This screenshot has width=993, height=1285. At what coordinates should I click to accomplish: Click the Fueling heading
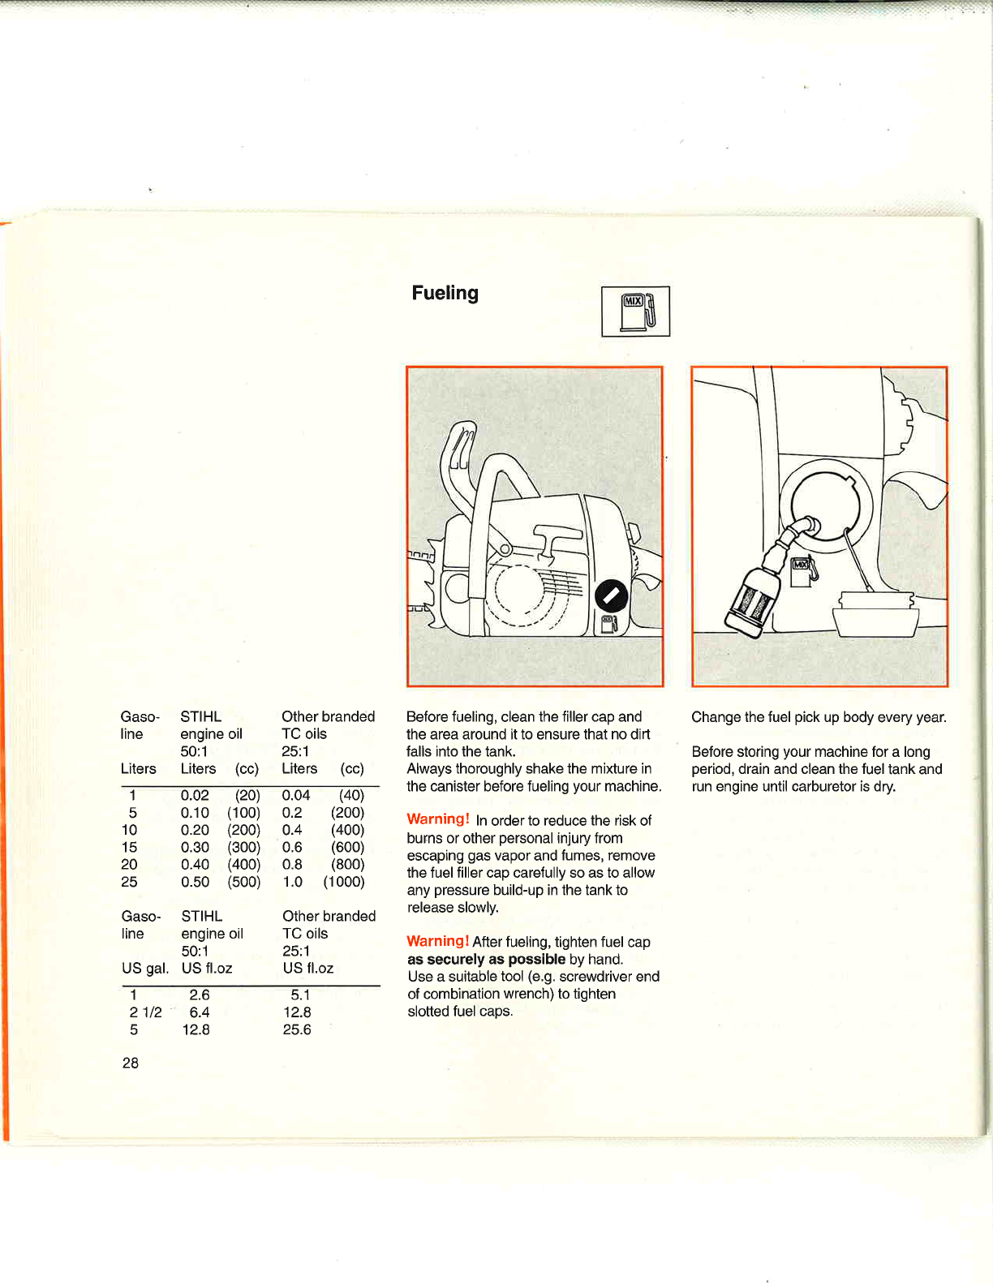pos(445,293)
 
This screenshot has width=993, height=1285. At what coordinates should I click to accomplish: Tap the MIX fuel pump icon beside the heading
pos(635,312)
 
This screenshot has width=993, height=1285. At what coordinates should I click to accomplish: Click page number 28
pos(130,1063)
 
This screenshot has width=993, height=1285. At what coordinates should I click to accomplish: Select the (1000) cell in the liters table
pos(344,882)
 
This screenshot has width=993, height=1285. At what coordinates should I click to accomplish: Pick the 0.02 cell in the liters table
pos(195,796)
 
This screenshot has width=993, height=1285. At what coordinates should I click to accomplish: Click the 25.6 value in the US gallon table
pos(297,1029)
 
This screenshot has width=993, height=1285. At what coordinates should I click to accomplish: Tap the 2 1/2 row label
pos(145,1012)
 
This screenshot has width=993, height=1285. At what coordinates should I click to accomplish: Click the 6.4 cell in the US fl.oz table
pos(200,1012)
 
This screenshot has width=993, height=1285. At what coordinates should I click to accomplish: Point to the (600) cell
pos(347,847)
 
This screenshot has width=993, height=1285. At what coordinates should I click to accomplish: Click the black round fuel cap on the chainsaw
pos(611,596)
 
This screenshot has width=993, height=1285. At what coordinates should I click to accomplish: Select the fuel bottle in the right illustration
pos(753,600)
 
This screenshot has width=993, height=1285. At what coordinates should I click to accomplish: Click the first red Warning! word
pos(438,819)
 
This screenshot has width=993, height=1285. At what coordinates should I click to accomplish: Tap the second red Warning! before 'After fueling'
pos(438,941)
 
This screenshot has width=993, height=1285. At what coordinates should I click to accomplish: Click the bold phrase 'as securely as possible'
pos(486,959)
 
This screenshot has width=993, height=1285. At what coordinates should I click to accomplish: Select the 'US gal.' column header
pos(145,968)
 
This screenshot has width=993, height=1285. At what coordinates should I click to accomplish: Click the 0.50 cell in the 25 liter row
pos(195,882)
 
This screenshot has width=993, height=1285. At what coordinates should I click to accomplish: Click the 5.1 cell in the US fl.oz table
pos(300,995)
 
